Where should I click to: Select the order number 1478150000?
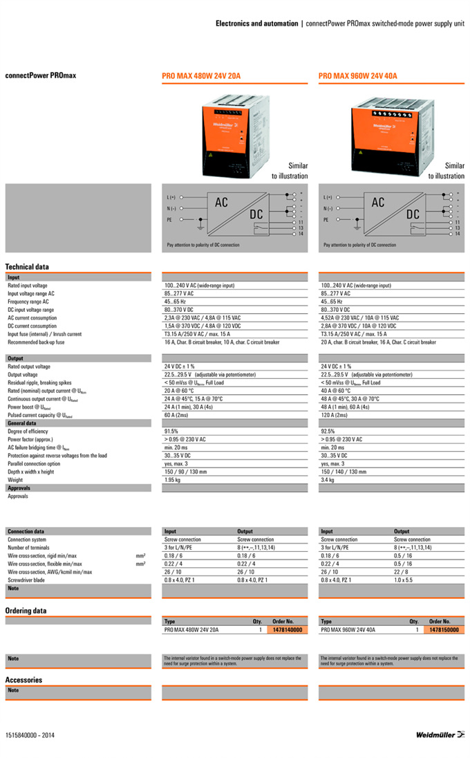pyautogui.click(x=443, y=630)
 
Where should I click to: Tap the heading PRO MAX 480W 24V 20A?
pyautogui.click(x=201, y=75)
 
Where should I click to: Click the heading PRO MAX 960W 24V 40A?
pyautogui.click(x=357, y=75)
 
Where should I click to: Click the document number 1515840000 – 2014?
pyautogui.click(x=30, y=734)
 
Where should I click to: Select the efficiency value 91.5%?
pyautogui.click(x=172, y=431)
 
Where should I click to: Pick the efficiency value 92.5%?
pyautogui.click(x=328, y=431)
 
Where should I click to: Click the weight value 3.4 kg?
pyautogui.click(x=328, y=479)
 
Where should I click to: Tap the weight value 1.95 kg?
pyautogui.click(x=173, y=479)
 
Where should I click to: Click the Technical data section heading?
pyautogui.click(x=27, y=266)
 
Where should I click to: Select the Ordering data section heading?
pyautogui.click(x=26, y=611)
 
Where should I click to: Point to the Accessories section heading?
pyautogui.click(x=23, y=680)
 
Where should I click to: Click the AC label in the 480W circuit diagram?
pyautogui.click(x=221, y=203)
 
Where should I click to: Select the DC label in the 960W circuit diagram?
pyautogui.click(x=413, y=214)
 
